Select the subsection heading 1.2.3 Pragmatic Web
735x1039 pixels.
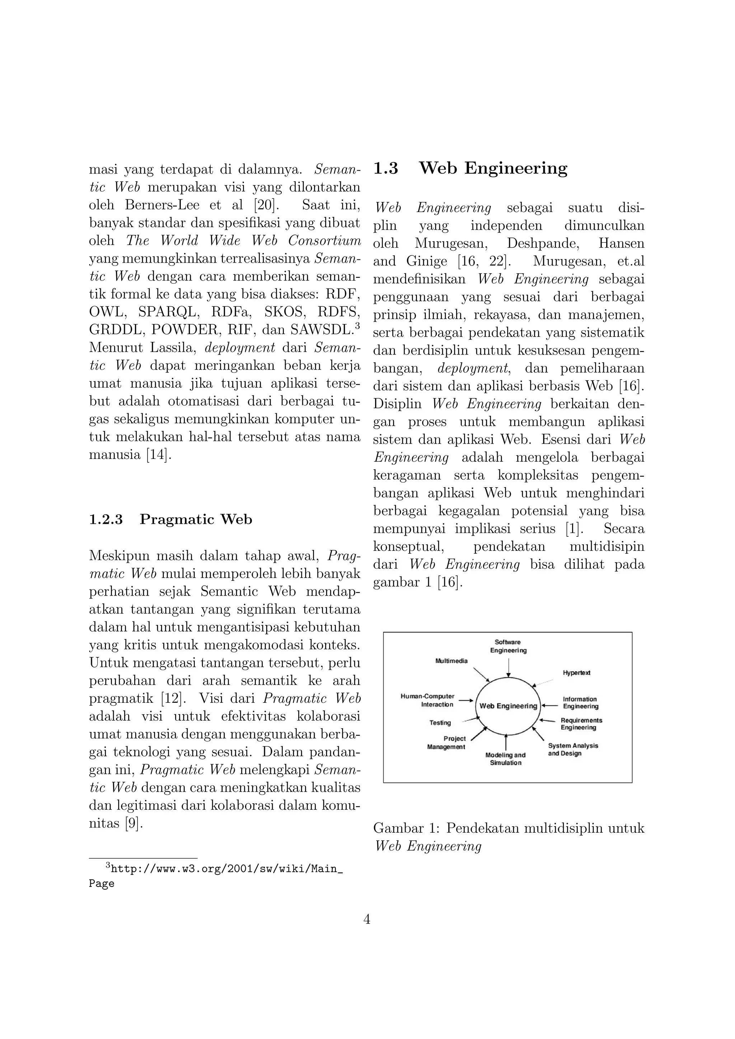[x=170, y=519]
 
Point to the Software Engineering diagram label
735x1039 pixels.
[x=508, y=646]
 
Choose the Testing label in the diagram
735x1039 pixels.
[x=440, y=723]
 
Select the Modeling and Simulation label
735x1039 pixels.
[x=506, y=759]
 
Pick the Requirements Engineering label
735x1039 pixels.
[x=581, y=724]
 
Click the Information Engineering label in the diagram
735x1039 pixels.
[x=580, y=703]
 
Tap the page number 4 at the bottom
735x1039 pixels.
[x=367, y=920]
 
